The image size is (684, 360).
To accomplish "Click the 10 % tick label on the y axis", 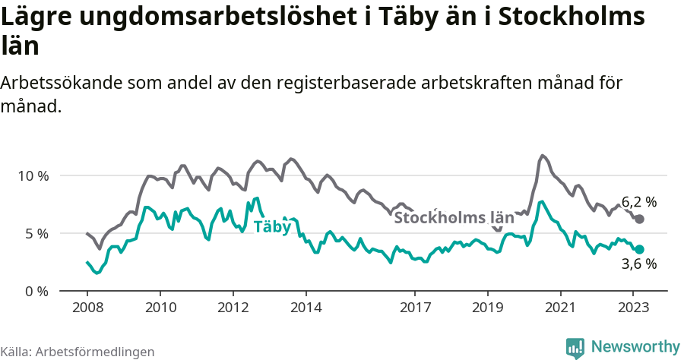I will [33, 175].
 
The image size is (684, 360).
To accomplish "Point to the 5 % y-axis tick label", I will [36, 233].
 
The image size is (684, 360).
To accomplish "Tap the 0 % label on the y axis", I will [36, 291].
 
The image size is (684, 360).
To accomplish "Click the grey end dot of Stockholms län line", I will [639, 219].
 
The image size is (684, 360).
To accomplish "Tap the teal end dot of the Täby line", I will [640, 249].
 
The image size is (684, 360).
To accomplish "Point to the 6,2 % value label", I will [639, 202].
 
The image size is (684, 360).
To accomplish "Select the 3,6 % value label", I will [639, 264].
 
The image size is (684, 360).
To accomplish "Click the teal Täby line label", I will [272, 226].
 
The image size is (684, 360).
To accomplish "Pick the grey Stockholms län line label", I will [443, 218].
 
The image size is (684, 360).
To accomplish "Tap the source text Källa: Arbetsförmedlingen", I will [78, 352].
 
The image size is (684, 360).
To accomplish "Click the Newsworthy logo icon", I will [575, 347].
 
